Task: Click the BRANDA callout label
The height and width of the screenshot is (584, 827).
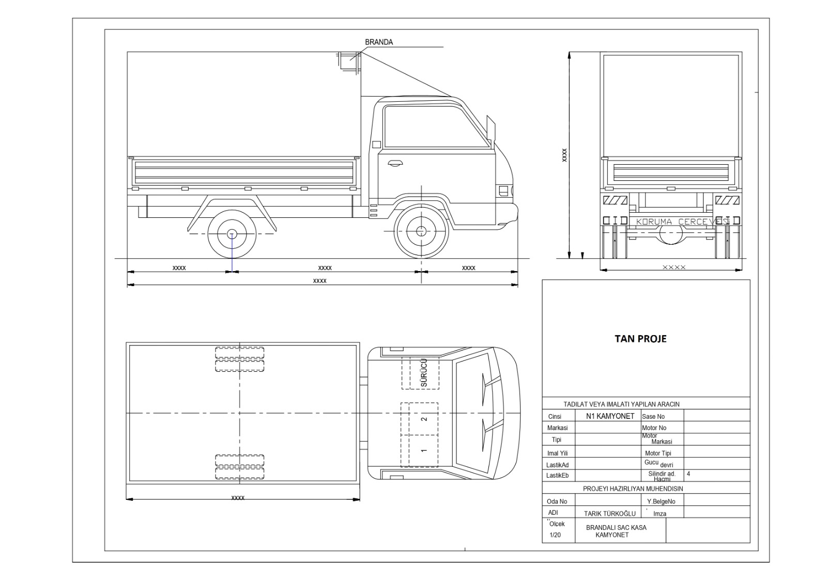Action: (378, 42)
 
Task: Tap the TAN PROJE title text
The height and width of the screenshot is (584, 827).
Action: (640, 339)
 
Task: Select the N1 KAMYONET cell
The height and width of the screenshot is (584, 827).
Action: (610, 416)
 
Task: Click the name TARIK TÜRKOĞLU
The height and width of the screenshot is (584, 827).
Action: (609, 514)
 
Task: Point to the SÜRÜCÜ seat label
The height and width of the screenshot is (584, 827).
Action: (424, 373)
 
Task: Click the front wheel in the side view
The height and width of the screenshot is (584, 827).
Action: (421, 231)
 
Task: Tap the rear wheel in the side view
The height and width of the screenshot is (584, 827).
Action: (232, 234)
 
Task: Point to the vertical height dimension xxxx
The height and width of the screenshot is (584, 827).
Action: (564, 154)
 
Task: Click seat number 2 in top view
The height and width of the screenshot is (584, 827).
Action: (424, 419)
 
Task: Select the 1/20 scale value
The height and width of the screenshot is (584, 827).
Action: (555, 535)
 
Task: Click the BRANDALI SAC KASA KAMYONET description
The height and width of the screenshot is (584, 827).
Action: (616, 531)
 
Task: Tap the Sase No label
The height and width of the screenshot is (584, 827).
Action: (653, 417)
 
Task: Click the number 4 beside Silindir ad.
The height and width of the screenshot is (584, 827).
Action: (688, 473)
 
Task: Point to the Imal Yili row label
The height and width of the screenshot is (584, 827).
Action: (557, 453)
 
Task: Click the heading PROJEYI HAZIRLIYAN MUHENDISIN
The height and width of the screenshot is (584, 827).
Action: (633, 488)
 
